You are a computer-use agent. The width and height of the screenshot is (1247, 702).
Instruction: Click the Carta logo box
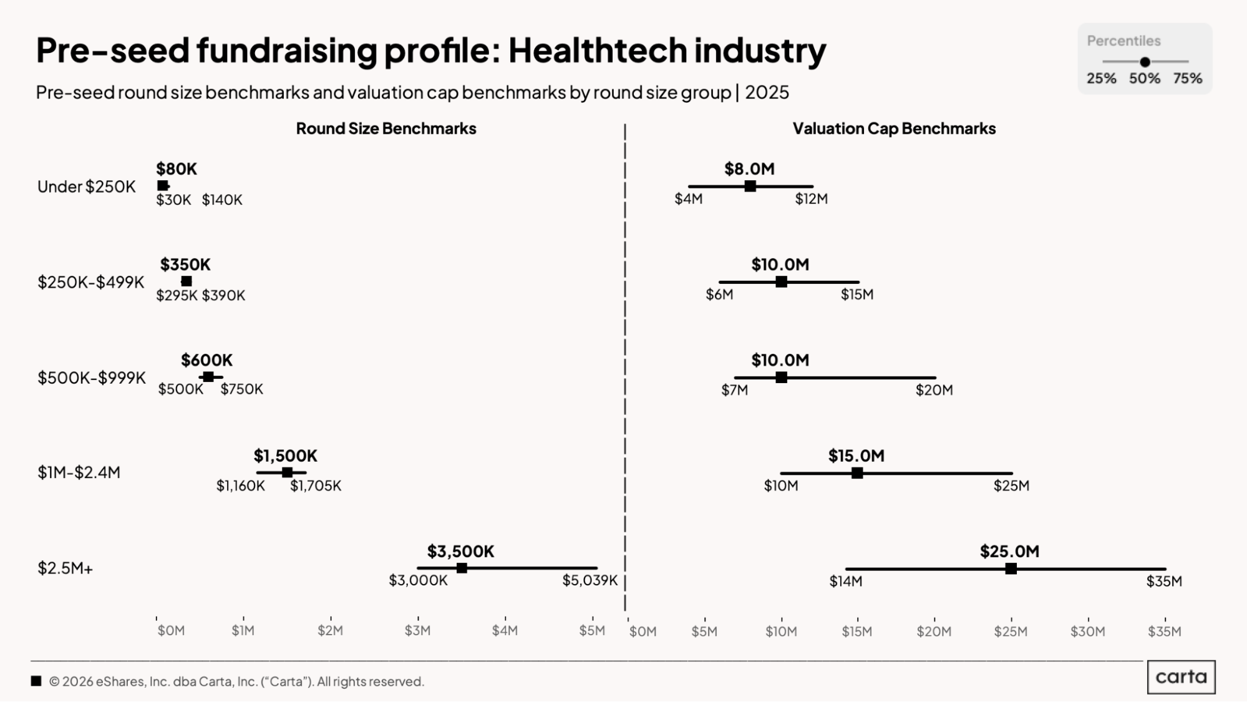pyautogui.click(x=1181, y=677)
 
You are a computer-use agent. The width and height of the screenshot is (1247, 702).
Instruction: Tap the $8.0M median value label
pyautogui.click(x=749, y=169)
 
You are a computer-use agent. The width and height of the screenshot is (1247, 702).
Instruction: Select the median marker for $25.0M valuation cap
pyautogui.click(x=1011, y=568)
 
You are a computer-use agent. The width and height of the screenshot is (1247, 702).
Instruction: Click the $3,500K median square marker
pyautogui.click(x=462, y=568)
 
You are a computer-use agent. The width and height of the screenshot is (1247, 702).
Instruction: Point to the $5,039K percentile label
pyautogui.click(x=590, y=580)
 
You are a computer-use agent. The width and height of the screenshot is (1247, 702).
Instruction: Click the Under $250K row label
pyautogui.click(x=86, y=187)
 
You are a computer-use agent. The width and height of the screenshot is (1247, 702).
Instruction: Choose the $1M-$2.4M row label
pyautogui.click(x=79, y=472)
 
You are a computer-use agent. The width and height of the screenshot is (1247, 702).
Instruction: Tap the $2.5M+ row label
pyautogui.click(x=65, y=568)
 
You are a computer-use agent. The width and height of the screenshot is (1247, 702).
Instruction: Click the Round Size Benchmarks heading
pyautogui.click(x=386, y=129)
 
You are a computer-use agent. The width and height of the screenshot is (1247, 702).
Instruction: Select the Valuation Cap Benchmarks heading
pyautogui.click(x=894, y=129)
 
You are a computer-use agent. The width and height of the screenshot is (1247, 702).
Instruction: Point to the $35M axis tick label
pyautogui.click(x=1165, y=631)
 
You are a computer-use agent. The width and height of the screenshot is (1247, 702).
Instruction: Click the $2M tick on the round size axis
pyautogui.click(x=330, y=630)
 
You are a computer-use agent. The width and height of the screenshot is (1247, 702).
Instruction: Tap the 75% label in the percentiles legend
pyautogui.click(x=1187, y=79)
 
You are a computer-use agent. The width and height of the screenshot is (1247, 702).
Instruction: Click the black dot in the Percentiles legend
pyautogui.click(x=1145, y=62)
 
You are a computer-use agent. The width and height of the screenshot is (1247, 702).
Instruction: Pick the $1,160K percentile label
pyautogui.click(x=240, y=485)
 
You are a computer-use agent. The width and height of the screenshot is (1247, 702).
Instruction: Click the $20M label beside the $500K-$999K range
pyautogui.click(x=934, y=390)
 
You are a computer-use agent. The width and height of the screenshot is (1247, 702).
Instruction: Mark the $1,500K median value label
pyautogui.click(x=285, y=456)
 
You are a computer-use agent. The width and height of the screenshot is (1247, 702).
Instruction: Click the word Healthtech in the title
pyautogui.click(x=597, y=51)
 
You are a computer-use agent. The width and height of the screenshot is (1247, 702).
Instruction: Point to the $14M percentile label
pyautogui.click(x=845, y=582)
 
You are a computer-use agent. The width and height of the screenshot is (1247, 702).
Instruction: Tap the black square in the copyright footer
pyautogui.click(x=36, y=681)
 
